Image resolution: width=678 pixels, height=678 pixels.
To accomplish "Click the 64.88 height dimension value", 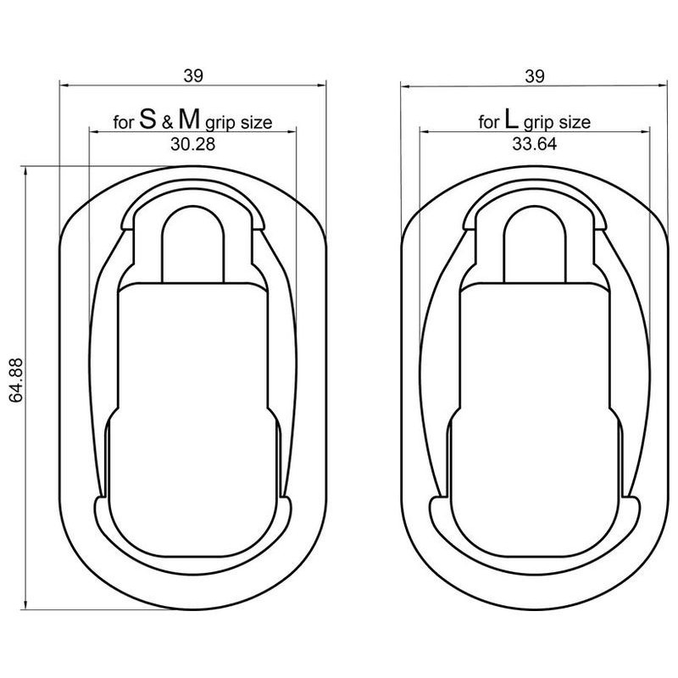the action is click(x=15, y=380).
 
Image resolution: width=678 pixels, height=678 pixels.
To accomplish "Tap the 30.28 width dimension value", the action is click(x=193, y=144).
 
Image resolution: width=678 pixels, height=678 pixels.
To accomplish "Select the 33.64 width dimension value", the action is click(x=535, y=144).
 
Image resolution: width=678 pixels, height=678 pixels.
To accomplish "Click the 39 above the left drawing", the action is click(x=193, y=76).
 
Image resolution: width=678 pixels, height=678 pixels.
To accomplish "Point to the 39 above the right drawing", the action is click(x=535, y=76).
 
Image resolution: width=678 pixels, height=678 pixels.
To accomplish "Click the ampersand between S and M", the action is click(x=167, y=123).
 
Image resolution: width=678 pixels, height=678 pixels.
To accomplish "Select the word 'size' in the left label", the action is click(x=257, y=123).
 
